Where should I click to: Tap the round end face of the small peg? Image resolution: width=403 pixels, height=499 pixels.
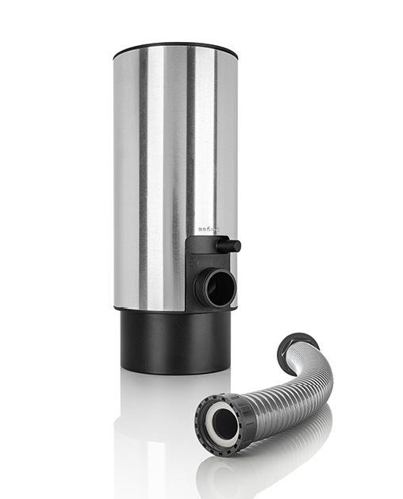[x=237, y=246]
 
